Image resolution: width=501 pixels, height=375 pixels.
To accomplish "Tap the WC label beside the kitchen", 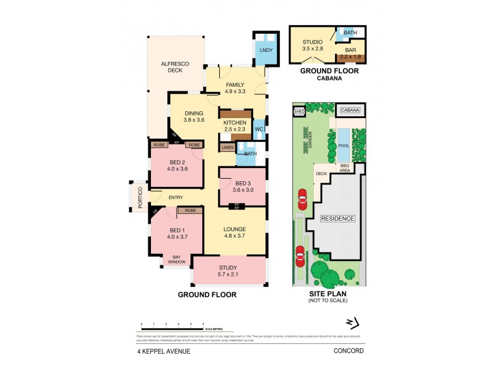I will click(x=259, y=129).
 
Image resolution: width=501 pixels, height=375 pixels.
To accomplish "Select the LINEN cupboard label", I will click(x=226, y=147).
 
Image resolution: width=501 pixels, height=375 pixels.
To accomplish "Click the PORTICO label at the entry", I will click(x=141, y=198).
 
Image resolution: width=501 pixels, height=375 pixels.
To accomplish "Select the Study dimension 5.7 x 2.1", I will click(x=229, y=273).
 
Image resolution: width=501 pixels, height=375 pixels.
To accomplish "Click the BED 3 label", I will click(x=242, y=183).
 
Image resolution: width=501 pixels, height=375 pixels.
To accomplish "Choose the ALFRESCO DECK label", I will click(x=171, y=66).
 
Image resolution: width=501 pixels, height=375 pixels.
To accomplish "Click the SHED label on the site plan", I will click(x=299, y=112).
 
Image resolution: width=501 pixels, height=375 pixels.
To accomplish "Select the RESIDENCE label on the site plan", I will click(x=338, y=219).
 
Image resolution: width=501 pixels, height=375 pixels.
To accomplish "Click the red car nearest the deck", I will click(x=302, y=201).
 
